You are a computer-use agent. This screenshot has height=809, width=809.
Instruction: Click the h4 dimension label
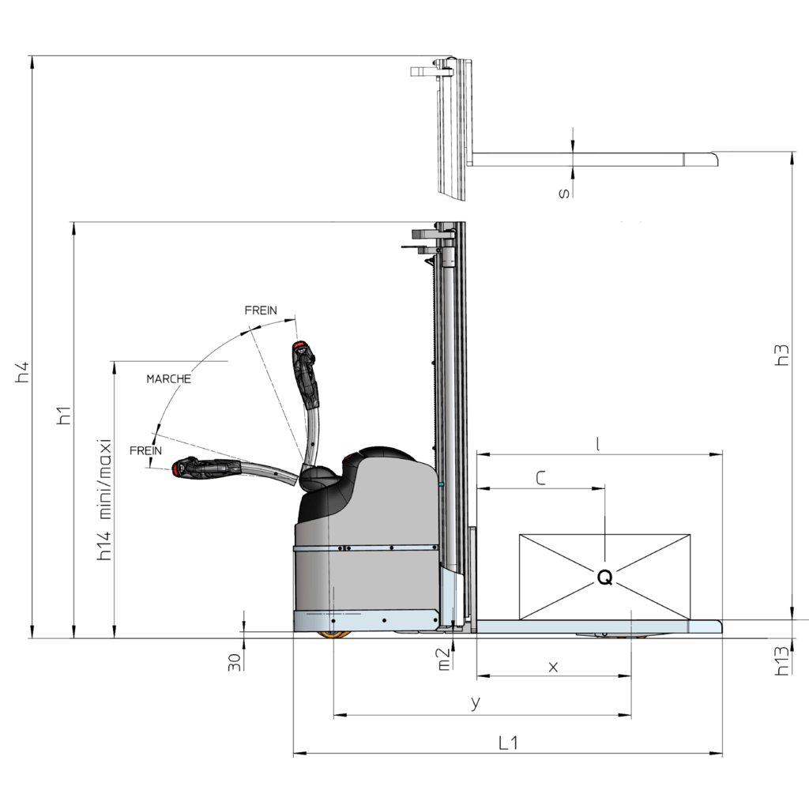coord(23,372)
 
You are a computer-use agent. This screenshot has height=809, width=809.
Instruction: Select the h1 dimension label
coord(64,416)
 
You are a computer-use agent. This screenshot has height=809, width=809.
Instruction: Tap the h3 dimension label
coord(782,355)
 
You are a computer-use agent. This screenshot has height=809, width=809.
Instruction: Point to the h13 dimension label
coord(782,660)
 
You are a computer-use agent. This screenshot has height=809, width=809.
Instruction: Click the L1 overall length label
coord(508,743)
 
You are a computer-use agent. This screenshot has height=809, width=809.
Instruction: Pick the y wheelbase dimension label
coord(476,702)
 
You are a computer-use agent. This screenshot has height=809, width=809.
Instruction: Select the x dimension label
coord(553,667)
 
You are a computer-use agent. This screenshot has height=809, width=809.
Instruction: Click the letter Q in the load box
coord(604,578)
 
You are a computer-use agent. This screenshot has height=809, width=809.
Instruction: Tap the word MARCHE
coord(169,378)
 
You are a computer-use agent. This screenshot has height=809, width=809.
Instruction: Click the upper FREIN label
coord(261,310)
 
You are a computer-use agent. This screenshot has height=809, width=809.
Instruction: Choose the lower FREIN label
coord(145,450)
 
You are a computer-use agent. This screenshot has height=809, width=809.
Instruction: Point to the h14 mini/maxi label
coord(104,499)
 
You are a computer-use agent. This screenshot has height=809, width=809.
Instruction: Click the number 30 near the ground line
coord(235,662)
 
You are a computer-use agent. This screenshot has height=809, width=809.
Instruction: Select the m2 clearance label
coord(444,660)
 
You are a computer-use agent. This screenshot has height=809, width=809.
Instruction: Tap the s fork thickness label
coord(565,193)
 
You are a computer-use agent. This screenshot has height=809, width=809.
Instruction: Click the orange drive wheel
coord(334,634)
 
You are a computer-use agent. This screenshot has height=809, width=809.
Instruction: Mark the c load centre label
coord(540,478)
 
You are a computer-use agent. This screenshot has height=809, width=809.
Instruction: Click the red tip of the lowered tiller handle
coord(178,468)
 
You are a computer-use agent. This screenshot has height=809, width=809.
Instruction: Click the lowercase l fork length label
coord(597,444)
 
